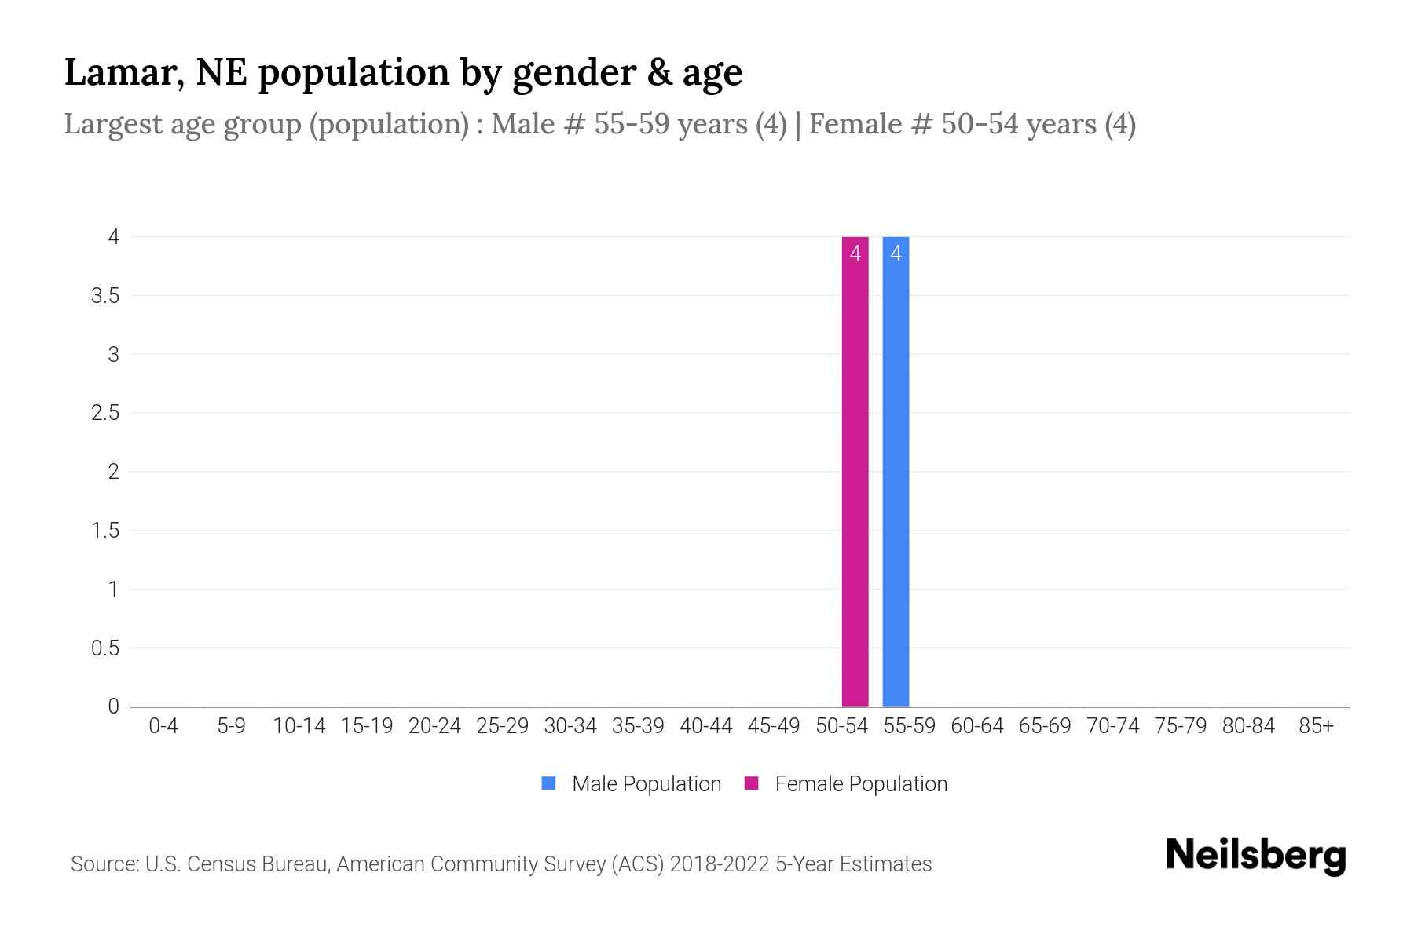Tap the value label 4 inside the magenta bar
855,254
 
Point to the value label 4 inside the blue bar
896,254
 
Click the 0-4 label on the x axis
163,726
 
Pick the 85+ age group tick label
1316,726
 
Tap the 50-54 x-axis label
841,726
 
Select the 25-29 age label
502,726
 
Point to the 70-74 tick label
1112,726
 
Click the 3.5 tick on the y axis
105,296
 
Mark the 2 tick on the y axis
114,472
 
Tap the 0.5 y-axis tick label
105,648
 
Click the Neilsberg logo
1255,856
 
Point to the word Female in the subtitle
855,124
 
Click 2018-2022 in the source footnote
720,864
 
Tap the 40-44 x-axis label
705,726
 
